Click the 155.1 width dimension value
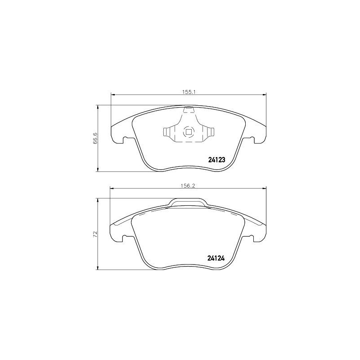pyautogui.click(x=188, y=91)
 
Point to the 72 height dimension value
pyautogui.click(x=95, y=234)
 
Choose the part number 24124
pyautogui.click(x=216, y=258)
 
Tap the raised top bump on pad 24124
pyautogui.click(x=188, y=202)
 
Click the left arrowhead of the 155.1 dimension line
pyautogui.click(x=112, y=94)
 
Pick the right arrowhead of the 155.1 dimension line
pyautogui.click(x=264, y=94)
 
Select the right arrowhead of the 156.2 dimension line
pyautogui.click(x=264, y=188)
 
